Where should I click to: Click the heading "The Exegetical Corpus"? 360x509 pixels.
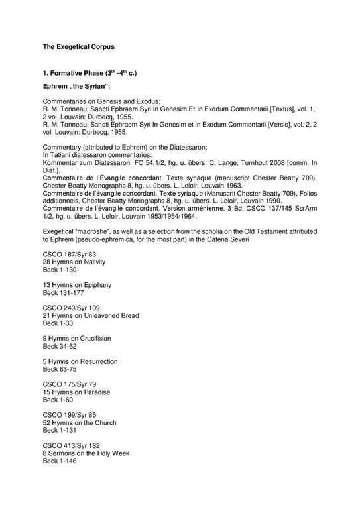point(80,47)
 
